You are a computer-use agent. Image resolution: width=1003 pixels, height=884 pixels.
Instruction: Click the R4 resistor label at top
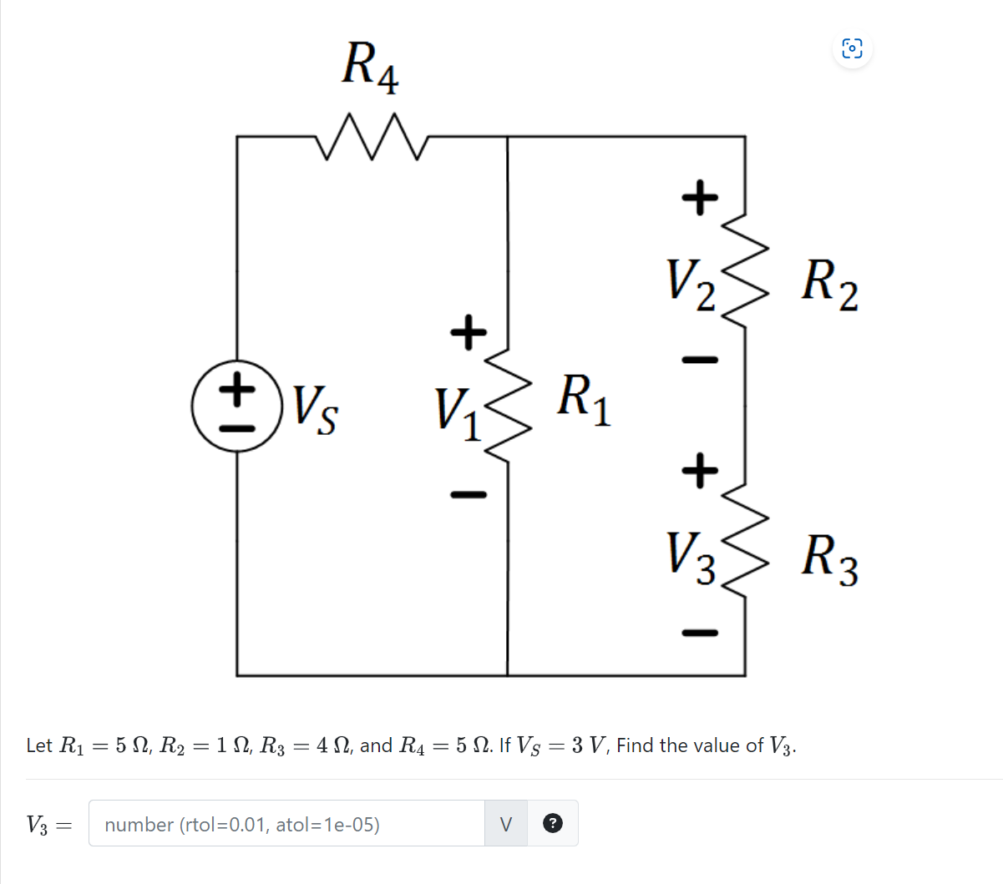tap(370, 67)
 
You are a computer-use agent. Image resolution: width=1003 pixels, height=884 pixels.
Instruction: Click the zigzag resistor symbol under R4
tap(372, 137)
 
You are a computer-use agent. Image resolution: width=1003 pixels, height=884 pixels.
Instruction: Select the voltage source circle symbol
tap(237, 407)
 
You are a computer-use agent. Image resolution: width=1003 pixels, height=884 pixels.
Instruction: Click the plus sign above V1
tap(469, 331)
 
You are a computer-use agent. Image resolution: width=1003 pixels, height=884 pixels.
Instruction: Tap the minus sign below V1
tap(469, 495)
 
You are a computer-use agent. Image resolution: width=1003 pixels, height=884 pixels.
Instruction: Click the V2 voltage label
tap(690, 282)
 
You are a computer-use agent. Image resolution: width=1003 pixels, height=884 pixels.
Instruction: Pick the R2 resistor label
tap(829, 283)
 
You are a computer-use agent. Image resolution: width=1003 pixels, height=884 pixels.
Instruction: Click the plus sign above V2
tap(700, 198)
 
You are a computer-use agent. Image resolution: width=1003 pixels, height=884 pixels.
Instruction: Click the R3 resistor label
tap(829, 559)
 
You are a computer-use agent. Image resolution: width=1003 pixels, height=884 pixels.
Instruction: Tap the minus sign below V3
tap(700, 632)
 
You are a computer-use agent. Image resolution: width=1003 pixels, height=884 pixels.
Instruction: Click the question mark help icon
tap(552, 824)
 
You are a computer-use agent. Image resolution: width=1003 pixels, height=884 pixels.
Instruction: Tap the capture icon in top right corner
tap(851, 48)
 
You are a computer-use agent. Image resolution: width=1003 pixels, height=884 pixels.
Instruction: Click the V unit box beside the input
tap(505, 824)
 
